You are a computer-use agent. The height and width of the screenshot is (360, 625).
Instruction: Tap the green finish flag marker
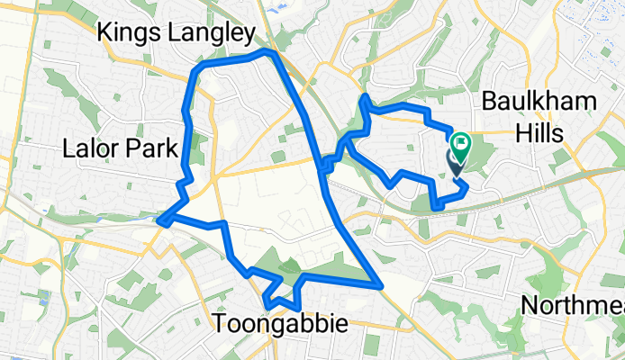click(461, 142)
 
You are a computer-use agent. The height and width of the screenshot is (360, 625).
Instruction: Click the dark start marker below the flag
click(456, 162)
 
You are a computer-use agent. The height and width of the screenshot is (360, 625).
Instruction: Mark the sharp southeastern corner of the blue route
click(382, 287)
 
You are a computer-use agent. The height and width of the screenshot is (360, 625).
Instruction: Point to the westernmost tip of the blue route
click(159, 219)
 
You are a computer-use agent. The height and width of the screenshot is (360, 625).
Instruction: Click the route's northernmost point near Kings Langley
click(266, 53)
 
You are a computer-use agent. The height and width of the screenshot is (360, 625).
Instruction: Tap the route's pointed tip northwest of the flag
click(364, 96)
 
